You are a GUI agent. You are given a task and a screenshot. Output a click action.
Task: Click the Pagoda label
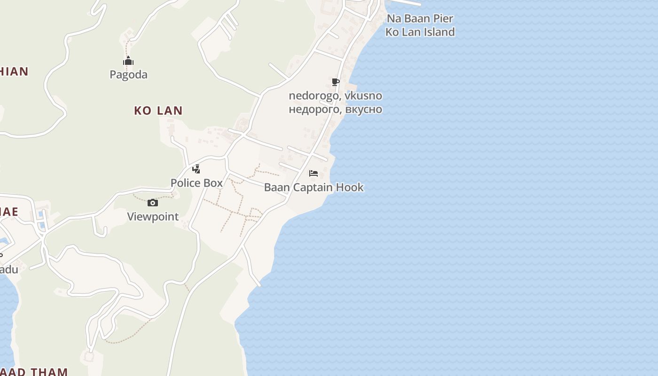tap(128, 75)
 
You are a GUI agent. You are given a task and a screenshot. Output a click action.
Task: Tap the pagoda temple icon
tap(128, 61)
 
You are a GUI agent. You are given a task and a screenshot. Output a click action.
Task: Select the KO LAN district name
tap(158, 111)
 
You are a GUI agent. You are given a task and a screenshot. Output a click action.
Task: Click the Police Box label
tap(196, 183)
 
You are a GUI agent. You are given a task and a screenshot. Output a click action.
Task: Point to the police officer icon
tap(196, 169)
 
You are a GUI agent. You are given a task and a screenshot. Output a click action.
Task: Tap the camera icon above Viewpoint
tap(153, 203)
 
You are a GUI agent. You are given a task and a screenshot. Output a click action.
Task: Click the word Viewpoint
tap(153, 217)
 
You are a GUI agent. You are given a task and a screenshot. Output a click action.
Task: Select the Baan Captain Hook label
tap(313, 187)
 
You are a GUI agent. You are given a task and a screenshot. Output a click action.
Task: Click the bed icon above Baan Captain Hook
tap(313, 173)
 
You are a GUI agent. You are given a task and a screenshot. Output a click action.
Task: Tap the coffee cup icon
tap(335, 82)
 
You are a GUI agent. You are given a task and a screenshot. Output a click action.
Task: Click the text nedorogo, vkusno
tap(335, 96)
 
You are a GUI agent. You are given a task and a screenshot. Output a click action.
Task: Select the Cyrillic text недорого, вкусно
tap(335, 110)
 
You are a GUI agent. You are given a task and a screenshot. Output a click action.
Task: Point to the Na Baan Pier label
tap(420, 19)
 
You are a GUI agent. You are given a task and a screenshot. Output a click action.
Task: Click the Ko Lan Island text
tap(420, 32)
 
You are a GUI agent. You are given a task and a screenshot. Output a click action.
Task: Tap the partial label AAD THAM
tap(34, 372)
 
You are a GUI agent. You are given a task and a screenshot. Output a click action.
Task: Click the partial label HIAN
tap(14, 71)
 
